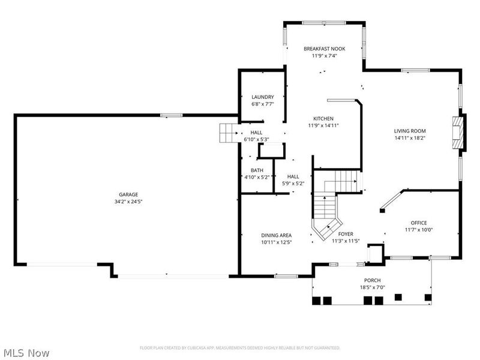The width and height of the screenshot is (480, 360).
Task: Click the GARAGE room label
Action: tap(128, 194)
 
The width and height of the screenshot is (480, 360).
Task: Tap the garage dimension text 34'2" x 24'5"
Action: tap(128, 202)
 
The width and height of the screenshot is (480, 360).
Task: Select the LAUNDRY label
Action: tap(263, 97)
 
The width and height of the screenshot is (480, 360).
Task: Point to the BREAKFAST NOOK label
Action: tap(324, 49)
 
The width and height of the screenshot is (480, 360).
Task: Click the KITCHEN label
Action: tap(323, 118)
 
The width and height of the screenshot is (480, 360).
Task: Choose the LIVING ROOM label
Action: tap(410, 131)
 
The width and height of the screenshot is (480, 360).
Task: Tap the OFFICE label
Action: tap(418, 223)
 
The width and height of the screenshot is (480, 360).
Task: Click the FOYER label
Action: tap(346, 234)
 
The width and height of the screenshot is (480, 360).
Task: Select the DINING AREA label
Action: tap(276, 235)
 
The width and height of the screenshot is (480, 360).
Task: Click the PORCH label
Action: tap(372, 280)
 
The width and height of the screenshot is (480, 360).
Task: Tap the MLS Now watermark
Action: tap(26, 353)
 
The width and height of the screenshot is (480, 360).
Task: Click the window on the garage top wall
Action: tap(172, 115)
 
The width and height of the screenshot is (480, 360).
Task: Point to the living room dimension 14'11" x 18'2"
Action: tap(410, 138)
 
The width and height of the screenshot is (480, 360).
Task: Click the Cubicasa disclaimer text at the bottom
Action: tap(240, 347)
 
